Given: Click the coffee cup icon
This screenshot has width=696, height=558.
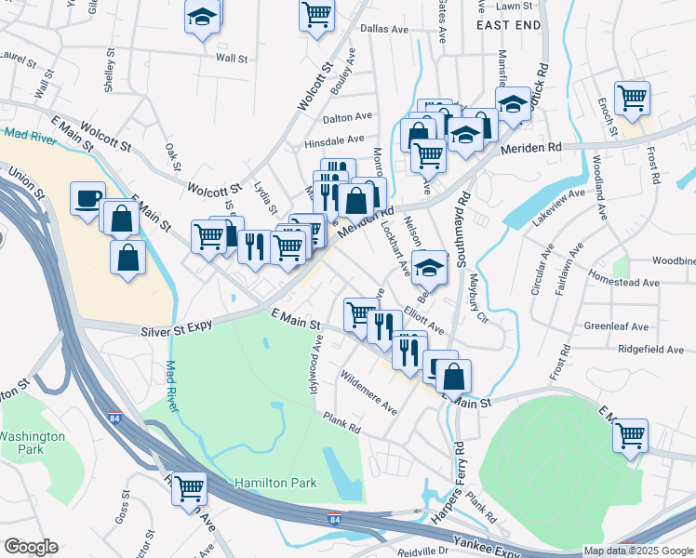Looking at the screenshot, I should click(x=87, y=198).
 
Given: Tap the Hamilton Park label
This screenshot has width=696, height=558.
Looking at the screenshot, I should click(x=275, y=483).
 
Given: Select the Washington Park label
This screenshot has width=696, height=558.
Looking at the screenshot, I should click(x=33, y=442).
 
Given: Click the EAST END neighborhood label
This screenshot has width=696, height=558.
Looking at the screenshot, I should click(x=508, y=26).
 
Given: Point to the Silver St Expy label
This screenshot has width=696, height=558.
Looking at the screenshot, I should click(x=178, y=327).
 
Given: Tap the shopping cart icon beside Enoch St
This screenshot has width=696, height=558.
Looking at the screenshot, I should click(x=632, y=97).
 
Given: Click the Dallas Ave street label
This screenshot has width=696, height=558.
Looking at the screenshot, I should click(x=385, y=30).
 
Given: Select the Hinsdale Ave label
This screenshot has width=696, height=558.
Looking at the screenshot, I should click(x=337, y=140).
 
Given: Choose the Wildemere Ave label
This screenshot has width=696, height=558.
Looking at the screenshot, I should click(x=369, y=397).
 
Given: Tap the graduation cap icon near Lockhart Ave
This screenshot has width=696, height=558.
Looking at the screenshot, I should click(x=429, y=268).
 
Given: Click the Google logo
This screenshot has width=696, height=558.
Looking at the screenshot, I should click(x=31, y=547).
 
